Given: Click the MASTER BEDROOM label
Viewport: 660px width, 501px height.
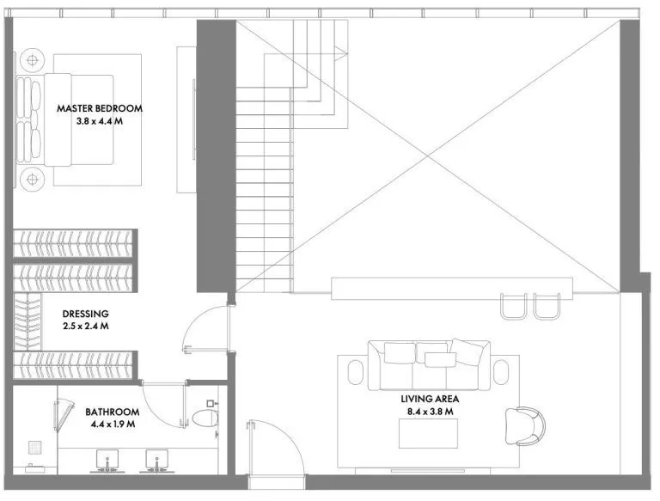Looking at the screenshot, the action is pyautogui.click(x=100, y=108).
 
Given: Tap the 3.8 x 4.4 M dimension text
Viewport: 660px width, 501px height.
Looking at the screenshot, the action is pyautogui.click(x=100, y=122).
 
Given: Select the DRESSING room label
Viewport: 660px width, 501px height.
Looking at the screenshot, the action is pyautogui.click(x=85, y=314).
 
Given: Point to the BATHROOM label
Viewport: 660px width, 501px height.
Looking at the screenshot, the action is pyautogui.click(x=113, y=412).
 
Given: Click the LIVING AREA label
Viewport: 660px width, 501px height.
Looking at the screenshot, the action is pyautogui.click(x=430, y=399).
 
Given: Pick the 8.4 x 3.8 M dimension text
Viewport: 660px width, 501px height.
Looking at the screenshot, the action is pyautogui.click(x=430, y=412).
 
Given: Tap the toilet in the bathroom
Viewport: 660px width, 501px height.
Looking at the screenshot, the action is pyautogui.click(x=206, y=418).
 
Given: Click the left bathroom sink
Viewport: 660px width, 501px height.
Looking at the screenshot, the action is pyautogui.click(x=107, y=459).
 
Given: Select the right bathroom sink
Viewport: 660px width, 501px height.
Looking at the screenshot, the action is pyautogui.click(x=157, y=459).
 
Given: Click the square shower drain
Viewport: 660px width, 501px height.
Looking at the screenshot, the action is pyautogui.click(x=35, y=447).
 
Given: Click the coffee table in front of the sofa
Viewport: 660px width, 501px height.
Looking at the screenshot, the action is pyautogui.click(x=429, y=433).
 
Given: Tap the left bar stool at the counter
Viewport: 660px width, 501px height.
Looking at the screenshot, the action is pyautogui.click(x=514, y=306).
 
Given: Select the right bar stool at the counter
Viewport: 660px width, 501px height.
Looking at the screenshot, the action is pyautogui.click(x=547, y=306).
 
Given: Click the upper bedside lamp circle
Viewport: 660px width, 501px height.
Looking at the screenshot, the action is pyautogui.click(x=33, y=60).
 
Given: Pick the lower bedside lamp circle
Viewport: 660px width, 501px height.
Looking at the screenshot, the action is pyautogui.click(x=33, y=180).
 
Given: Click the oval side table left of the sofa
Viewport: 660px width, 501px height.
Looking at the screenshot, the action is pyautogui.click(x=356, y=372).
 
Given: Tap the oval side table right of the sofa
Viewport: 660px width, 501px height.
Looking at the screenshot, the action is pyautogui.click(x=501, y=372).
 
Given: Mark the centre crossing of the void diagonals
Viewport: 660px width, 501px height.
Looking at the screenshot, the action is pyautogui.click(x=428, y=156).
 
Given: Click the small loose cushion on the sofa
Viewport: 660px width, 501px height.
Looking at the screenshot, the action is pyautogui.click(x=440, y=359).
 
